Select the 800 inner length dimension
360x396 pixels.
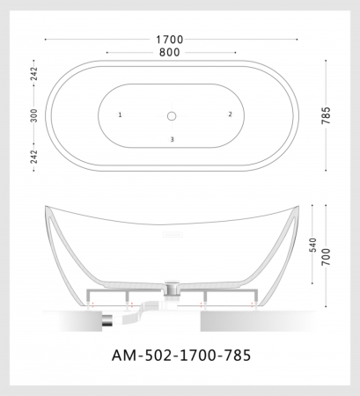pos(171,53)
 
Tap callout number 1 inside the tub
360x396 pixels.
pos(120,115)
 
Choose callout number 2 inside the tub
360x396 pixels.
pos(230,114)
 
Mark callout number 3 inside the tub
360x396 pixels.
pos(173,140)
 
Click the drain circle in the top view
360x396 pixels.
pos(173,115)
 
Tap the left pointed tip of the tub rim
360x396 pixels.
pos(46,207)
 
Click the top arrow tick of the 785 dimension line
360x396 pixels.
pos(327,61)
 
